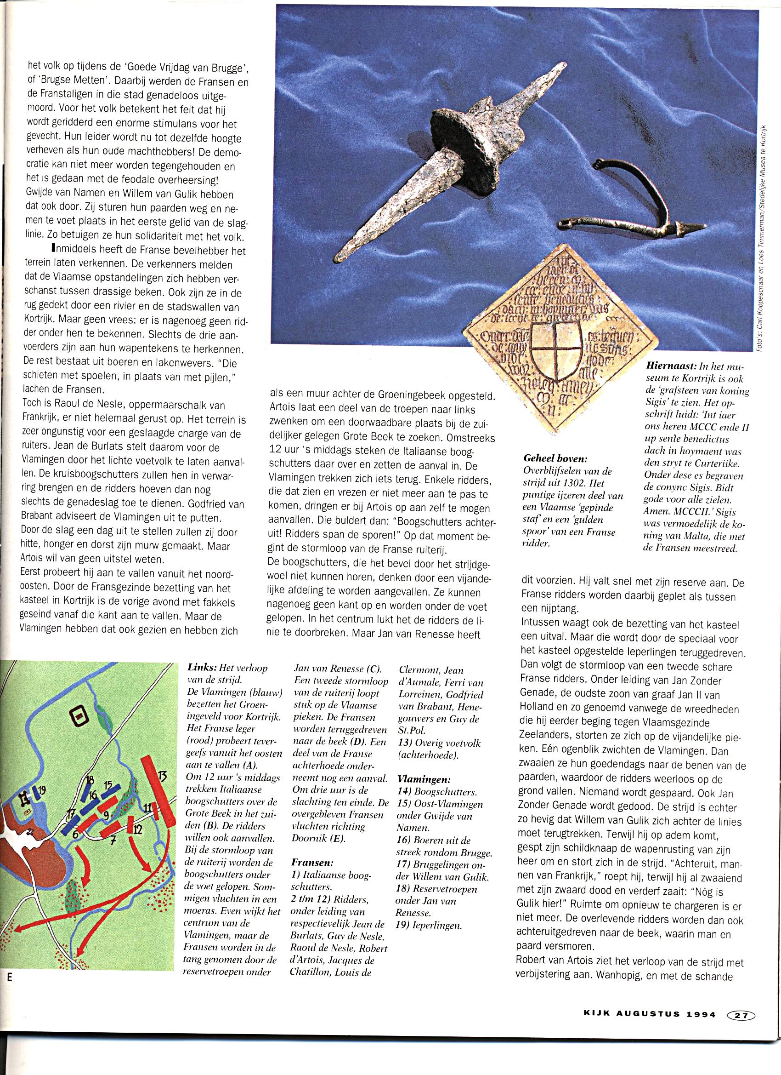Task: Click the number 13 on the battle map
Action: coord(163,777)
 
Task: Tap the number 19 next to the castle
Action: coord(42,789)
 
